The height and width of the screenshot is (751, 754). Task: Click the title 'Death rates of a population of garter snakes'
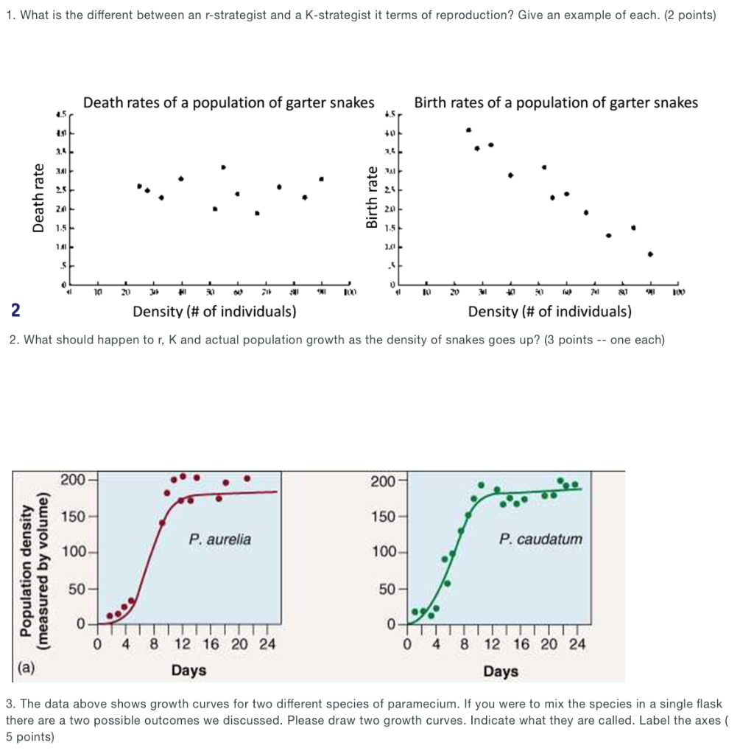point(229,103)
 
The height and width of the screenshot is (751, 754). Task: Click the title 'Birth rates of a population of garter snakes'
point(556,103)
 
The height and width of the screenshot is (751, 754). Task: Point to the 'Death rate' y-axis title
point(38,198)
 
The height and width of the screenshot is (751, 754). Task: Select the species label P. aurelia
point(219,539)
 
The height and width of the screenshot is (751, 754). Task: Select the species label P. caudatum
point(540,539)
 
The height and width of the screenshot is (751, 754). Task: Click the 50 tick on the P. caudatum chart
point(385,589)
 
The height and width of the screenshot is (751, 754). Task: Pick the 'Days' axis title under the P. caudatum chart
point(501,671)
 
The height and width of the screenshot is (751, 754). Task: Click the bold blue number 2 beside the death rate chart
point(15,310)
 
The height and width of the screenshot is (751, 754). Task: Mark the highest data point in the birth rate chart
point(468,130)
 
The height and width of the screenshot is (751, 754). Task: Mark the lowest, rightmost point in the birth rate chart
point(650,254)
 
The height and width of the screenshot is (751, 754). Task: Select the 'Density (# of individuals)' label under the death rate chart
point(214,312)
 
